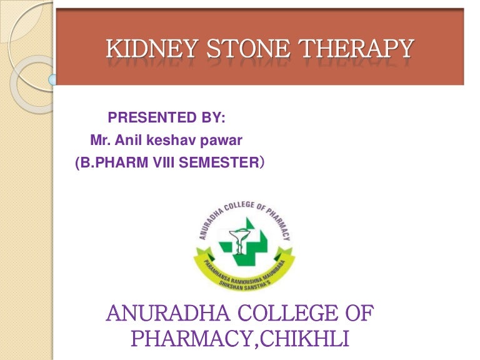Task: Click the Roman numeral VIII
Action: click(x=158, y=164)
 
